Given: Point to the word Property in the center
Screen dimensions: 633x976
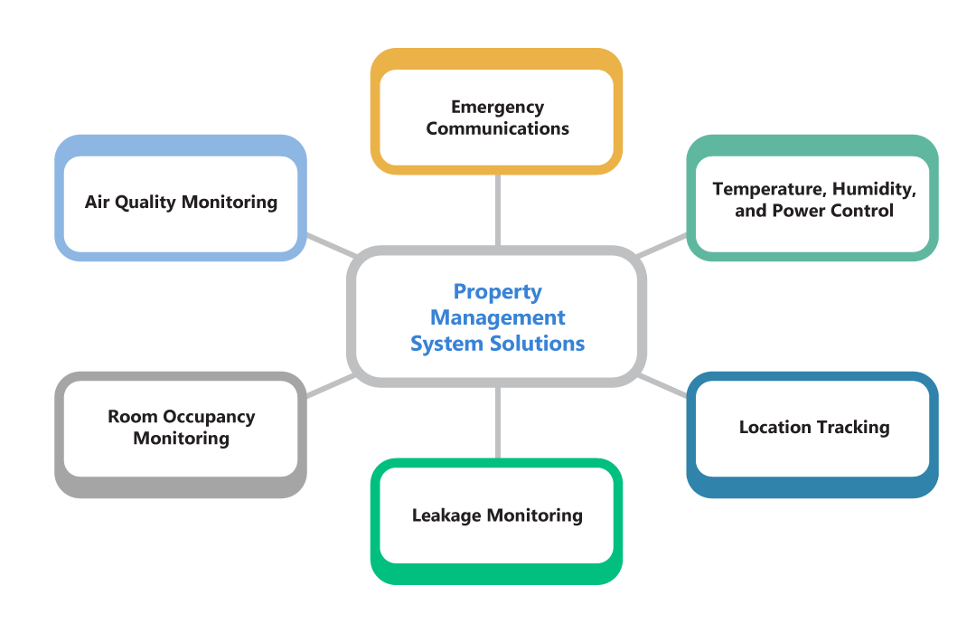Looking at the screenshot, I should tap(497, 292).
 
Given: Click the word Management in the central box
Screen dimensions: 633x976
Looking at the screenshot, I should tap(497, 318).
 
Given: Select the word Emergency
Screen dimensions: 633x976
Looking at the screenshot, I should tap(497, 108).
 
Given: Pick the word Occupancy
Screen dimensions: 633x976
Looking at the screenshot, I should tap(207, 417).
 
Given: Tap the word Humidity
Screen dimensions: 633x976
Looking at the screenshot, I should tap(873, 190).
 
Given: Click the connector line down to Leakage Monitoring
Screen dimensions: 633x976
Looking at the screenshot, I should tap(497, 422).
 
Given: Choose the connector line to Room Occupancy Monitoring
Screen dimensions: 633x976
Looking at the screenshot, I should tap(329, 386).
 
